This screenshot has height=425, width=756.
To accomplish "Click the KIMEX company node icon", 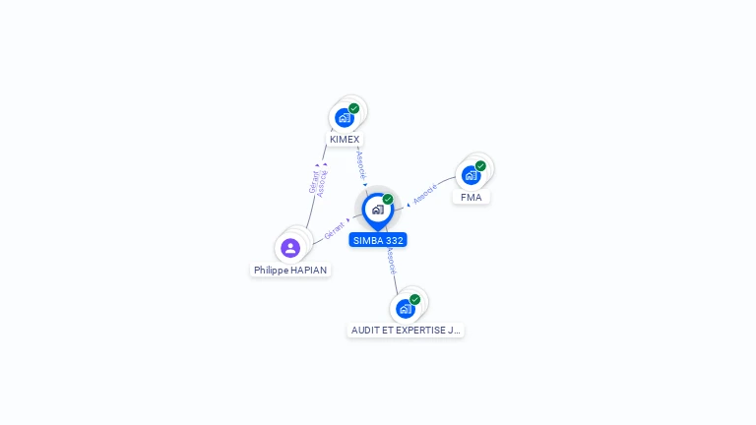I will (345, 117).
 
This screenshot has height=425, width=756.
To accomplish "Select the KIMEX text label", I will (345, 140).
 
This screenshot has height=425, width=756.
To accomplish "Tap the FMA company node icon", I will (472, 175).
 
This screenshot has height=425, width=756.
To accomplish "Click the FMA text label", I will (472, 197).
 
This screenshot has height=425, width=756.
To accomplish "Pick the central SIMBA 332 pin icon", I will (377, 210).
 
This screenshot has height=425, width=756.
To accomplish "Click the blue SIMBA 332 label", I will (378, 240).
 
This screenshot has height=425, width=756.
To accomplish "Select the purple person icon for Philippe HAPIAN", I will (290, 248).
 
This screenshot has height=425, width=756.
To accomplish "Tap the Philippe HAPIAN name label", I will (290, 270).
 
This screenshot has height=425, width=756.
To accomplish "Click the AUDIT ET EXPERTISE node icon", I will (406, 308).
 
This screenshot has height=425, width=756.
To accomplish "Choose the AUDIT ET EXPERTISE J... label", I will (406, 331).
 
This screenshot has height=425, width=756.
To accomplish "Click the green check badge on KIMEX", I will (354, 108).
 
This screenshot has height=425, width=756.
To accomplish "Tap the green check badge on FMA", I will (480, 166).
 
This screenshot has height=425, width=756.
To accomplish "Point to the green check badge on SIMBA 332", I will (388, 199).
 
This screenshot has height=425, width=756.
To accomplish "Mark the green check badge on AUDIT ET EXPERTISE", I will (414, 299).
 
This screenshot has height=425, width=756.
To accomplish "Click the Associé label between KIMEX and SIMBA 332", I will (361, 163).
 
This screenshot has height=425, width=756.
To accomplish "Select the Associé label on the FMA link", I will (425, 194).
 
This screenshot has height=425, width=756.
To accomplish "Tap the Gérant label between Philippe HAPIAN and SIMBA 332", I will (335, 231).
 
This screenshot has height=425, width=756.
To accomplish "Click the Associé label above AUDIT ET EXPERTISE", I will (392, 261).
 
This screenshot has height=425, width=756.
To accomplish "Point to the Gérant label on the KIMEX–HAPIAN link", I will (313, 182).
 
